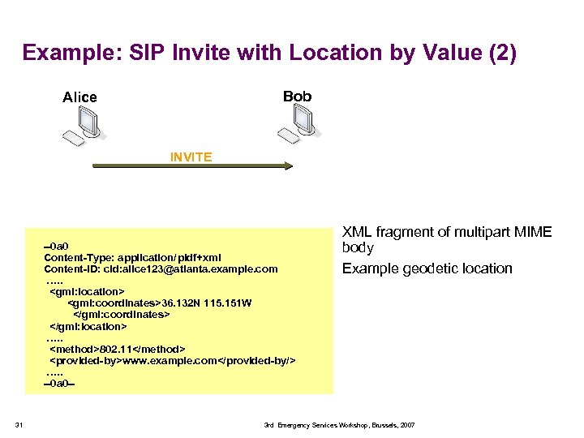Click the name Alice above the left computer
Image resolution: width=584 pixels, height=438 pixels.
tap(79, 97)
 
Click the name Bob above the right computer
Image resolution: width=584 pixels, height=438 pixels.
tap(297, 96)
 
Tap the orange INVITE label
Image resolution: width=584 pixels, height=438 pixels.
tap(191, 157)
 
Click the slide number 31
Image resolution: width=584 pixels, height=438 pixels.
tap(20, 424)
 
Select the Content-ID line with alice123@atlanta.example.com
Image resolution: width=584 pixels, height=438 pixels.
tap(161, 268)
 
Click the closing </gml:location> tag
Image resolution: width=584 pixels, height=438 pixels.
tap(88, 325)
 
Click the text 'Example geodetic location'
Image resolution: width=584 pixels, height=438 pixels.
tap(427, 268)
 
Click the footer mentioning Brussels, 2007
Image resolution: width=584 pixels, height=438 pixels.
tap(339, 425)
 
